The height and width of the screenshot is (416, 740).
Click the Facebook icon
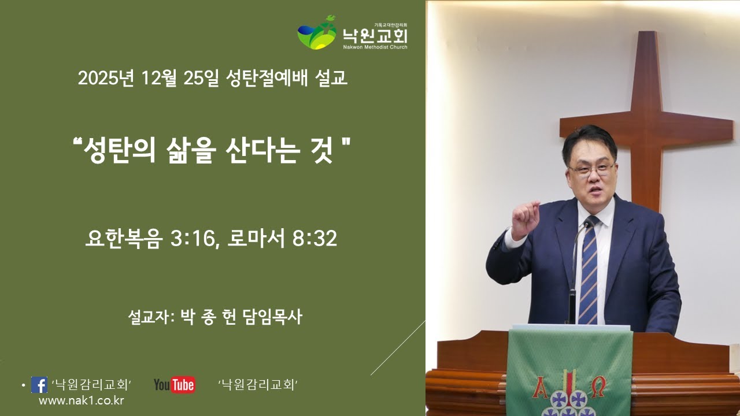39,385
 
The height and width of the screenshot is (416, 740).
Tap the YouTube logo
174,385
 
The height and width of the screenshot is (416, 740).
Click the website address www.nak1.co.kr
81,400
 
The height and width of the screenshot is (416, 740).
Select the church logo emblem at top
317,33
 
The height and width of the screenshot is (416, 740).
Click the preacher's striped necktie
589,272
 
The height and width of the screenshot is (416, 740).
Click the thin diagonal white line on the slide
398,348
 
